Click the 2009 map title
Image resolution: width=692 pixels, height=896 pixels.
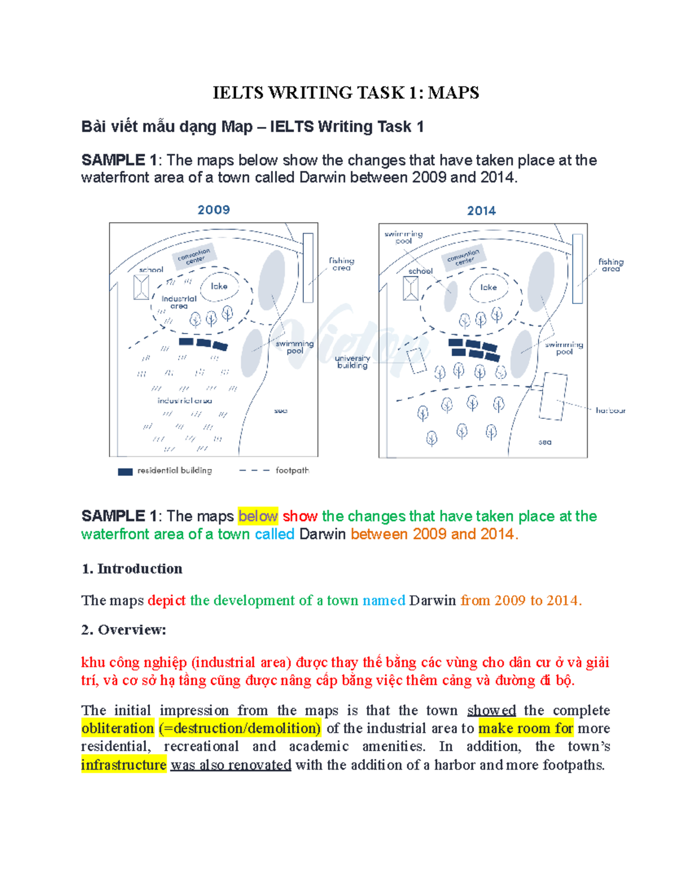coord(213,210)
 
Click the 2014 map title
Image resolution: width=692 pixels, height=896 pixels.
coord(482,211)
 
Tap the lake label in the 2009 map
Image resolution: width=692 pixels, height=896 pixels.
coord(219,286)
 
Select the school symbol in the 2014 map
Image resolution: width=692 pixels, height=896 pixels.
coord(411,288)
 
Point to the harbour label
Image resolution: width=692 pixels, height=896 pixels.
coord(610,411)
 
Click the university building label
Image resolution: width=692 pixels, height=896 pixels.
coord(352,362)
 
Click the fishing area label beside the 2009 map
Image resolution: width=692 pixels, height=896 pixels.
coord(341,264)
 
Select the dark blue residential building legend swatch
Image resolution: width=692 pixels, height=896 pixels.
coord(125,471)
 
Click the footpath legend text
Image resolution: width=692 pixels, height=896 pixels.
coord(292,471)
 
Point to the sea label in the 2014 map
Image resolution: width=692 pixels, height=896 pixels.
coord(544,443)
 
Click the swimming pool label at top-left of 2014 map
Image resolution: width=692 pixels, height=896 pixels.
coord(404,237)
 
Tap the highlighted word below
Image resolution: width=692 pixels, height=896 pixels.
coord(258,516)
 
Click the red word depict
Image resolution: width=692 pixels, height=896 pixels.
coord(166,601)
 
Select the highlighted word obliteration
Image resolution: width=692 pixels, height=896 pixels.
coord(118,729)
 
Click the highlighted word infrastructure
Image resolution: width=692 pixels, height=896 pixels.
coord(123,765)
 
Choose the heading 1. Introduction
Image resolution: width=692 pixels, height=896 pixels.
coord(132,569)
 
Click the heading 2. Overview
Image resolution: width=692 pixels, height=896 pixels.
coord(123,630)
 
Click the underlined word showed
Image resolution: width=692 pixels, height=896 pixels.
coord(491,710)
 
